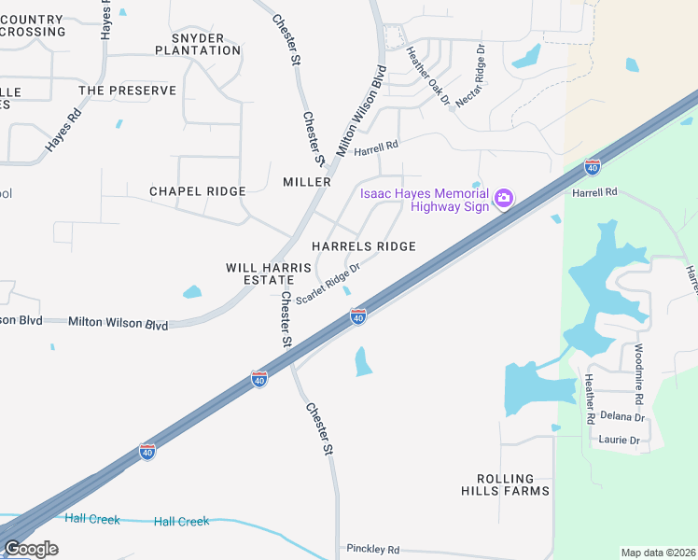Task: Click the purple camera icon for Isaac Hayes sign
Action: [x=504, y=197]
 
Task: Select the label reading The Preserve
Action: [x=127, y=91]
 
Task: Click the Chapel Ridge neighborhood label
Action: [x=198, y=191]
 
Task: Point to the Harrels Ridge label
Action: [x=363, y=246]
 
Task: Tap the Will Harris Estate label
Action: [x=268, y=273]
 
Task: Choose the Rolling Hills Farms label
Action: [x=505, y=484]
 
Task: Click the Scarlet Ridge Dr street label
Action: [x=328, y=283]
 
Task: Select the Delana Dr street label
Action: [x=622, y=417]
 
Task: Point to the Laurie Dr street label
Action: [x=621, y=441]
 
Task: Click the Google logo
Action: [x=30, y=549]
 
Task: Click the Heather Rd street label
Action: [x=589, y=399]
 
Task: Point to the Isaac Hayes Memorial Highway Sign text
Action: [x=426, y=200]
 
